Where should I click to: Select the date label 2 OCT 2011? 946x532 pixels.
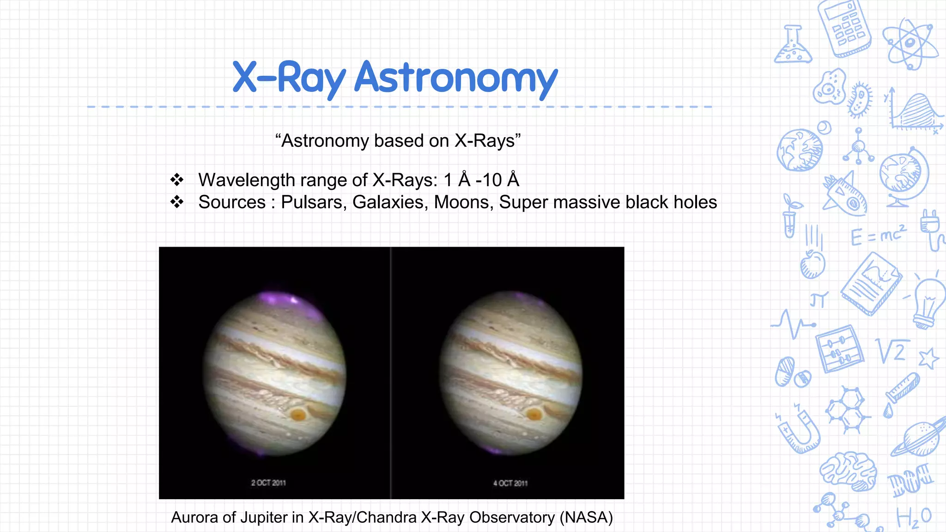click(x=268, y=483)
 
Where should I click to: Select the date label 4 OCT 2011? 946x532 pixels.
click(x=510, y=483)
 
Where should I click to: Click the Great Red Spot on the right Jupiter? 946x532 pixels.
click(x=534, y=414)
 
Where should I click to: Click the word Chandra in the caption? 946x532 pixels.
click(x=386, y=517)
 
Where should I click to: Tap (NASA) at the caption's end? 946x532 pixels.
click(x=586, y=517)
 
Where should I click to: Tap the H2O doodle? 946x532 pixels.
click(x=913, y=517)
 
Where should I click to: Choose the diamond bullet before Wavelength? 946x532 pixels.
click(x=176, y=180)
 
